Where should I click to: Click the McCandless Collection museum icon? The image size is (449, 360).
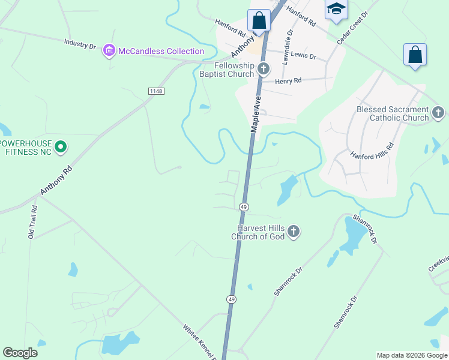click(109, 51)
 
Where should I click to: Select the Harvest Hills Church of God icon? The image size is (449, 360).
click(293, 232)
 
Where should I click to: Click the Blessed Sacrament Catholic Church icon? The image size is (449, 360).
click(439, 112)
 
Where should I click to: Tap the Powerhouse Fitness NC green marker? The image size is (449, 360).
click(61, 146)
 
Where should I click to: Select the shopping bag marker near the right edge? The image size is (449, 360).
click(415, 55)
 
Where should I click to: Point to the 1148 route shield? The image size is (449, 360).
click(155, 91)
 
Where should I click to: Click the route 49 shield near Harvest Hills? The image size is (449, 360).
click(244, 206)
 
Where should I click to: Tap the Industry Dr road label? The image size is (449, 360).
click(80, 44)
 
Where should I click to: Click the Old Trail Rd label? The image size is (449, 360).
click(32, 222)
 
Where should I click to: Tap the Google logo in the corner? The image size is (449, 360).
click(20, 353)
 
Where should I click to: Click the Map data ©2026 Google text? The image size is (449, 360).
click(412, 355)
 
